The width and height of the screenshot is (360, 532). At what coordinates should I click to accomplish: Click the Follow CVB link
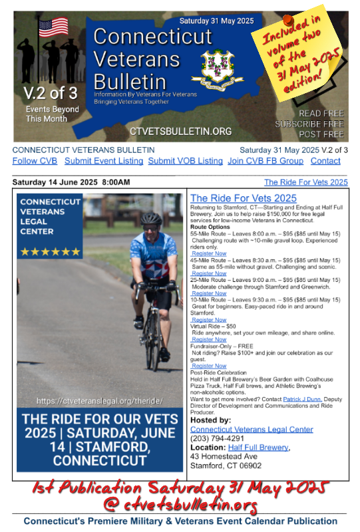click(x=35, y=161)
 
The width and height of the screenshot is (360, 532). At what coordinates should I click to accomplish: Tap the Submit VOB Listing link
click(x=185, y=161)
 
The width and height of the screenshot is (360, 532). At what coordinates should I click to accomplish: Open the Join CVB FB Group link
click(x=265, y=161)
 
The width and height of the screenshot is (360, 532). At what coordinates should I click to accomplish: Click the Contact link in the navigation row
click(x=325, y=161)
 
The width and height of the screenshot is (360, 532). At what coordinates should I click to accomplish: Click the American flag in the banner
click(x=53, y=27)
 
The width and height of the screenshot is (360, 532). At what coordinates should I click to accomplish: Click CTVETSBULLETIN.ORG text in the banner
click(x=180, y=131)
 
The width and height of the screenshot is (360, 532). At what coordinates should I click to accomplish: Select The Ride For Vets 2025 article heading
click(x=243, y=198)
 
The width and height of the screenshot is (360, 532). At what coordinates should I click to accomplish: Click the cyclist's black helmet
click(x=151, y=218)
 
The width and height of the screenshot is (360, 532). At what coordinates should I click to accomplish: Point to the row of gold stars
click(x=51, y=252)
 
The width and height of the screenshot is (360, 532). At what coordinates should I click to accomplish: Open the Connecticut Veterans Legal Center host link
click(x=252, y=430)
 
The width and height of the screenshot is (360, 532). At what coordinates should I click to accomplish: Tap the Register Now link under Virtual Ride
click(x=209, y=340)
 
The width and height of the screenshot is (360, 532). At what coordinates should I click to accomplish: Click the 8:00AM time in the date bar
click(x=116, y=182)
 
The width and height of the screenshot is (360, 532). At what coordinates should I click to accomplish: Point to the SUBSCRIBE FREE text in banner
click(x=309, y=124)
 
